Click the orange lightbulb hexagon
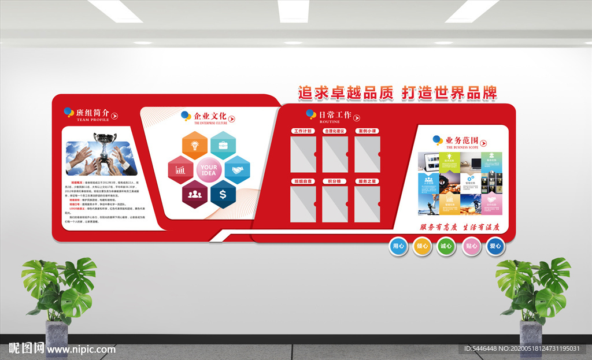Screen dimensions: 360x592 195,145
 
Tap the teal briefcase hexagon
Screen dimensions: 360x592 223,145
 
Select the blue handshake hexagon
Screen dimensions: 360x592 236,170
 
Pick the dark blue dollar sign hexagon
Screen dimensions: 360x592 223,194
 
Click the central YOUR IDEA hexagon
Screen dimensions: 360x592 209,170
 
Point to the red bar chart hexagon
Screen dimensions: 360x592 181,170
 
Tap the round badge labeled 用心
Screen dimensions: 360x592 399,246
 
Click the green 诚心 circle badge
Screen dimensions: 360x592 446,246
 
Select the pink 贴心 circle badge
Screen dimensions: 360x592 471,246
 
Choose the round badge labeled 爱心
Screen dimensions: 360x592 495,246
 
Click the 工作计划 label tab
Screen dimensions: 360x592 302,131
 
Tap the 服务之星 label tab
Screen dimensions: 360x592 367,181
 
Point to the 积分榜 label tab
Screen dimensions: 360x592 335,181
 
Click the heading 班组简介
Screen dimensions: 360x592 92,113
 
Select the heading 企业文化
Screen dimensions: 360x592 210,116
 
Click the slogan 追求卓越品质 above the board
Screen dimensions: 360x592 346,92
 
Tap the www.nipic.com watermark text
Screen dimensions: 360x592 81,349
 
